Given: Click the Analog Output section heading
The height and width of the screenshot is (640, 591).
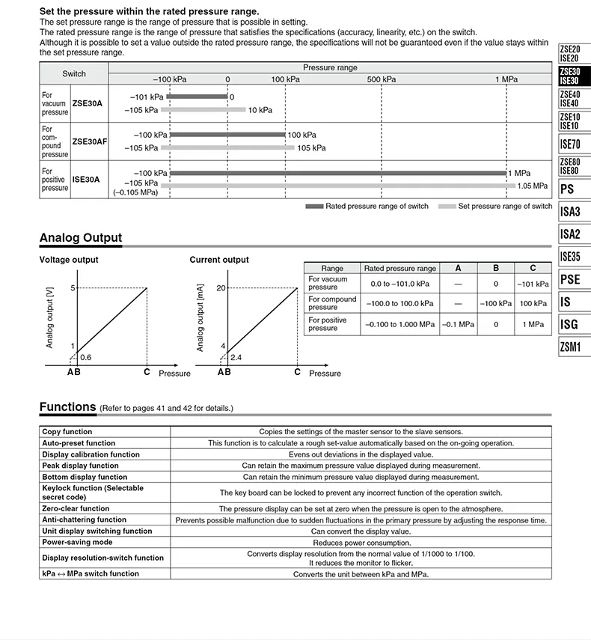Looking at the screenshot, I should tap(80, 238).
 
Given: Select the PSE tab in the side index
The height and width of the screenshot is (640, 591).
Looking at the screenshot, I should tap(569, 280).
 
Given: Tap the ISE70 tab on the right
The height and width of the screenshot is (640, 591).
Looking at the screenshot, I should tap(569, 144).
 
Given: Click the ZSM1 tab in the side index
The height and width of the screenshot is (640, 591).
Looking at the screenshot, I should tap(569, 347).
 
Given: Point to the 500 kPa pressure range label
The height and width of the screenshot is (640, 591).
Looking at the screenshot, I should tap(382, 79).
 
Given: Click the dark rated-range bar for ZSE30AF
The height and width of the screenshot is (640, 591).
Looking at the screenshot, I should tap(227, 135).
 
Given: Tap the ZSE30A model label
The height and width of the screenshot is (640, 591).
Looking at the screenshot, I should tap(87, 103).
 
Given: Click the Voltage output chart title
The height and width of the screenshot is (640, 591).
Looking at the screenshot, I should tap(68, 260).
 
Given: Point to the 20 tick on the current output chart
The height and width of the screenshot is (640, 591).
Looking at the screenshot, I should tap(221, 287).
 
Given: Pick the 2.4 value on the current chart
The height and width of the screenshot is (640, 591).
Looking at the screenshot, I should tap(236, 357).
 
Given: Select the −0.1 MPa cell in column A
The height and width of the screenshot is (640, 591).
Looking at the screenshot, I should tap(458, 324).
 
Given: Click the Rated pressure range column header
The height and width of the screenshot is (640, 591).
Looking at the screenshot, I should tap(399, 268).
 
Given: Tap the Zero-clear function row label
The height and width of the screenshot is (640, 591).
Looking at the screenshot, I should tap(76, 508).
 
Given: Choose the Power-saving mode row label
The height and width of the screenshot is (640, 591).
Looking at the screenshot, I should tap(77, 542).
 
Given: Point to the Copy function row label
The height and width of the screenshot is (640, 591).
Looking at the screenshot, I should tap(67, 431).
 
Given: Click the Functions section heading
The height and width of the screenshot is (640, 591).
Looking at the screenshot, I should tap(67, 407).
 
